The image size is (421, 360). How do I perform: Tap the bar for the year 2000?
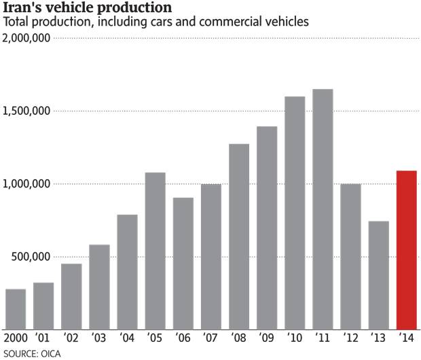16,309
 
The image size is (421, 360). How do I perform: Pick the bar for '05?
155,251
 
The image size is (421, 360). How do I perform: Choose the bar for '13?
378,275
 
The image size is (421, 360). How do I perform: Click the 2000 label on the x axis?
16,338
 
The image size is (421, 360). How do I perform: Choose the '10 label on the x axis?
295,338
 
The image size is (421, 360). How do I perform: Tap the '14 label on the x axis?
407,338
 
